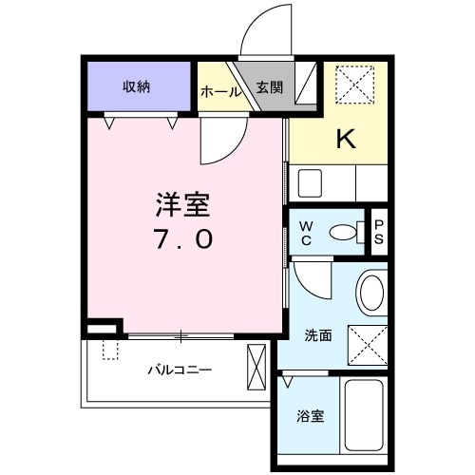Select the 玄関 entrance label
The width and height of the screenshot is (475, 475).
coord(269,86)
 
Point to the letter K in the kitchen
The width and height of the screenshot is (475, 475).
coord(345,140)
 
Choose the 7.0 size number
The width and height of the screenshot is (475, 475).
coord(184,239)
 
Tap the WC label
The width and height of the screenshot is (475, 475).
coord(307,232)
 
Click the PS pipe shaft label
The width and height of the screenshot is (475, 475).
coord(379,233)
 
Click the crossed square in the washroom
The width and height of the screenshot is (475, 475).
coord(367,343)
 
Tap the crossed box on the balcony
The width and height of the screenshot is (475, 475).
coord(257,366)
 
